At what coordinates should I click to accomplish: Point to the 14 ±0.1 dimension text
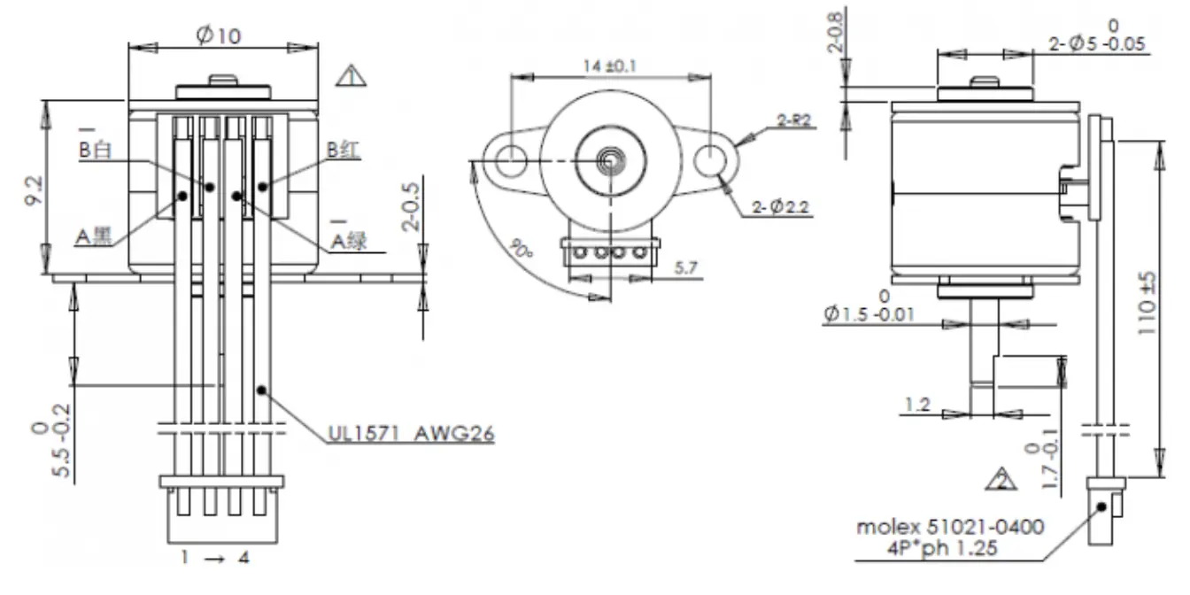coord(611,66)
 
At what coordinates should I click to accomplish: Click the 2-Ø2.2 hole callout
coord(782,208)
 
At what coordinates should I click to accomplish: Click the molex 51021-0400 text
coord(949,527)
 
